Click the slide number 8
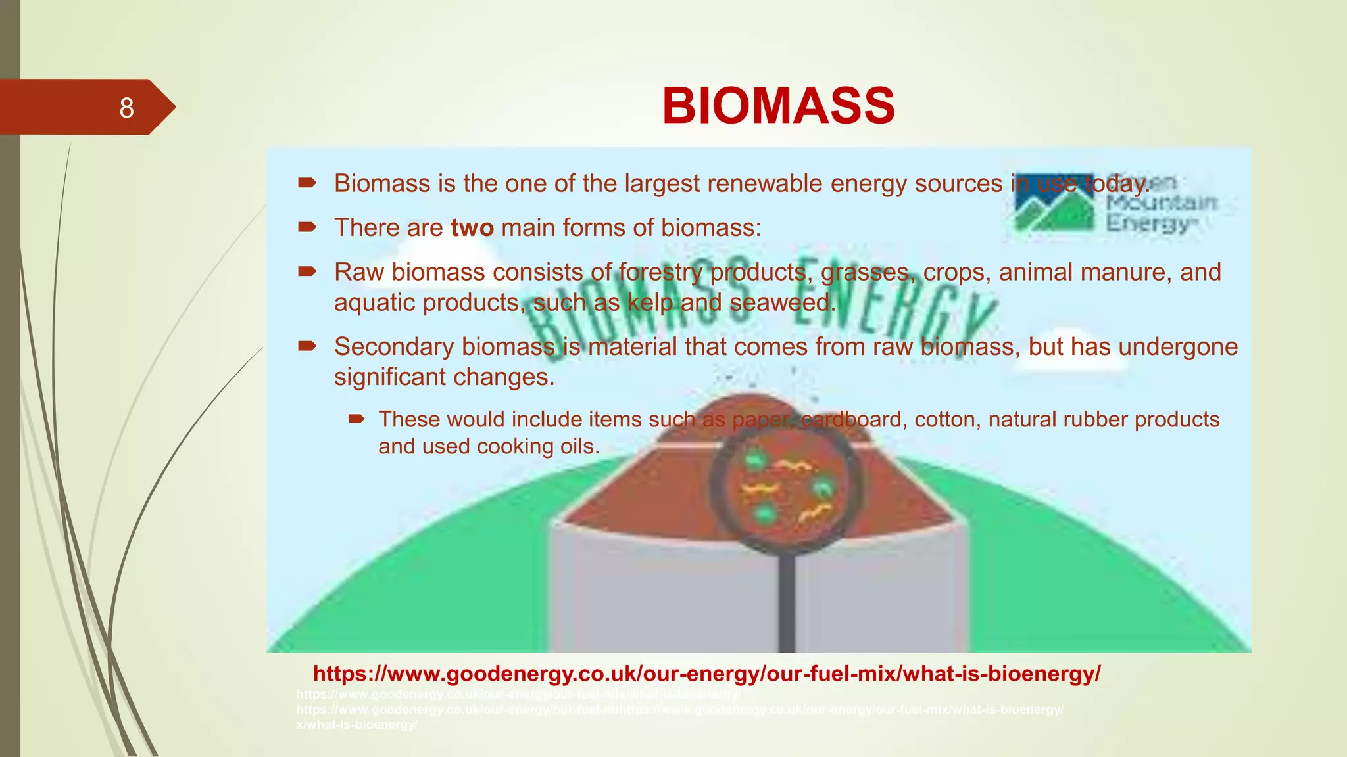pos(126,108)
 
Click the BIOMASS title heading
pos(778,106)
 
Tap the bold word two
pos(472,228)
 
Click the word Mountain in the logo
pos(1161,202)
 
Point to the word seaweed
pos(782,303)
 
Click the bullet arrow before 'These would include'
pos(356,419)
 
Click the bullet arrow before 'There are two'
pos(306,227)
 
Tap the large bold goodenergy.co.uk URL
pos(706,674)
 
